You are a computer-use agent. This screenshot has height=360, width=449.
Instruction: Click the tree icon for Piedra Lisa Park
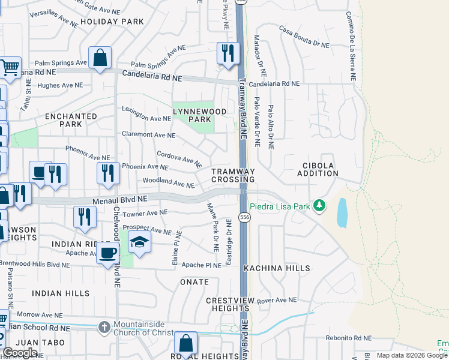coord(319,206)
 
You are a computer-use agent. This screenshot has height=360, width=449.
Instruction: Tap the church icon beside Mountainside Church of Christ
coord(104,327)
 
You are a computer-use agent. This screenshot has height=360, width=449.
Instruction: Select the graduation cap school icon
coord(139,242)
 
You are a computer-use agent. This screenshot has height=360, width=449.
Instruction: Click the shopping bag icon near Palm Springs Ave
coord(100,58)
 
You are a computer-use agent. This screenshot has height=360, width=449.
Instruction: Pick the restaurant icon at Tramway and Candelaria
coord(228,53)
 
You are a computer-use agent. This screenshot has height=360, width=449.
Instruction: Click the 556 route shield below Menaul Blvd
coord(244,216)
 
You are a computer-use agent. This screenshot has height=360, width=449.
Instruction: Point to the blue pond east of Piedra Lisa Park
coord(342,212)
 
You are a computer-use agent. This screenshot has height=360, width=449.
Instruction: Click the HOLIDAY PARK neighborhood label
coord(112,22)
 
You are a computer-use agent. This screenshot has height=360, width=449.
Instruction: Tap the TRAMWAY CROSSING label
coord(233,175)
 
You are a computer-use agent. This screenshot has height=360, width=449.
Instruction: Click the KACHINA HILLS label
coord(276,268)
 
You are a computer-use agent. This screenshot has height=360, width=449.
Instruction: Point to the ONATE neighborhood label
coord(194,281)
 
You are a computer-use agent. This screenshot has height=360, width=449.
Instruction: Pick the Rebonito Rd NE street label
coord(350,338)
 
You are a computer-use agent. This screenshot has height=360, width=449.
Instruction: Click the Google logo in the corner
coord(20,353)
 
